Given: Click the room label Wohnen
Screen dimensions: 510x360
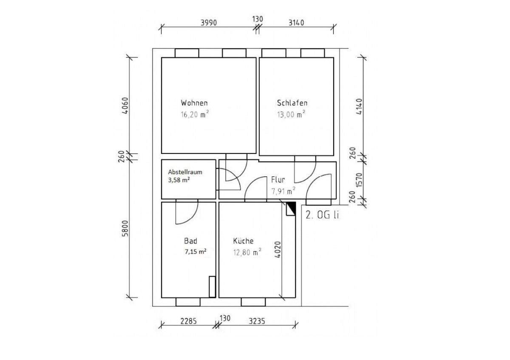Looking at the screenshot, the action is pyautogui.click(x=194, y=103).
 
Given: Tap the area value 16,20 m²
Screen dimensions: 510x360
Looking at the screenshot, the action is pyautogui.click(x=195, y=114).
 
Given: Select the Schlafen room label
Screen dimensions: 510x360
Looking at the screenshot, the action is pyautogui.click(x=292, y=103).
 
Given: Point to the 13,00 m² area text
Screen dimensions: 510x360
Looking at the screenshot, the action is pyautogui.click(x=291, y=114).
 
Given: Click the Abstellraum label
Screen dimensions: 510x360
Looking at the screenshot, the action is pyautogui.click(x=185, y=172).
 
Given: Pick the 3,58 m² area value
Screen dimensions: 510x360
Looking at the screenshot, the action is pyautogui.click(x=179, y=180).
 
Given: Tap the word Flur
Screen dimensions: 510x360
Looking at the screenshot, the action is pyautogui.click(x=278, y=180).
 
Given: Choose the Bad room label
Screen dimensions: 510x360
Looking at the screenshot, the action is pyautogui.click(x=190, y=241).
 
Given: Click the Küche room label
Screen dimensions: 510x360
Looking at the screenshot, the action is pyautogui.click(x=243, y=241).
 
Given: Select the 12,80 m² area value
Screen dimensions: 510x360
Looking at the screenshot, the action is pyautogui.click(x=247, y=252).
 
